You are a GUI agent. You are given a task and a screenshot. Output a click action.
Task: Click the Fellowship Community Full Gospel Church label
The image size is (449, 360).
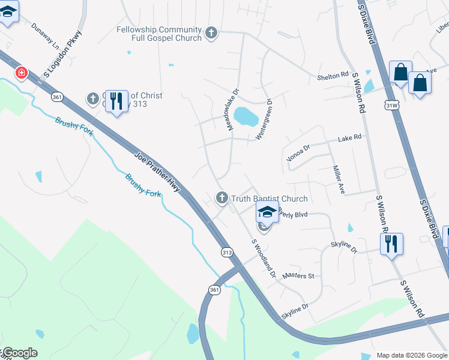tap(159, 34)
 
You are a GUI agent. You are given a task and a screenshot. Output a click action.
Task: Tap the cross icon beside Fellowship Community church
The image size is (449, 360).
tap(211, 33)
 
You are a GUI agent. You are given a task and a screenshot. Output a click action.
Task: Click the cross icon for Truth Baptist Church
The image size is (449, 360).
tap(221, 197)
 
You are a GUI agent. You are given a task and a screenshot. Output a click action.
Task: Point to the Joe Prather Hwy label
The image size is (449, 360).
tap(157, 171)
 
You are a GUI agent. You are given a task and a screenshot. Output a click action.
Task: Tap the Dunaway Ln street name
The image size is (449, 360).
tap(46, 37)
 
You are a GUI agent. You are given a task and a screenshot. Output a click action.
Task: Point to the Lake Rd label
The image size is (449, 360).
tap(350, 137)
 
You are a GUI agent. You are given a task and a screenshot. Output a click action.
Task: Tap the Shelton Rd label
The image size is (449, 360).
tap(333, 76)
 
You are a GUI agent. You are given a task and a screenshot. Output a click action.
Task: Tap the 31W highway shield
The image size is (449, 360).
tap(391, 106)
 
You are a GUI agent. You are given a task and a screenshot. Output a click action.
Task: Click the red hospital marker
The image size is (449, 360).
tap(22, 73)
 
